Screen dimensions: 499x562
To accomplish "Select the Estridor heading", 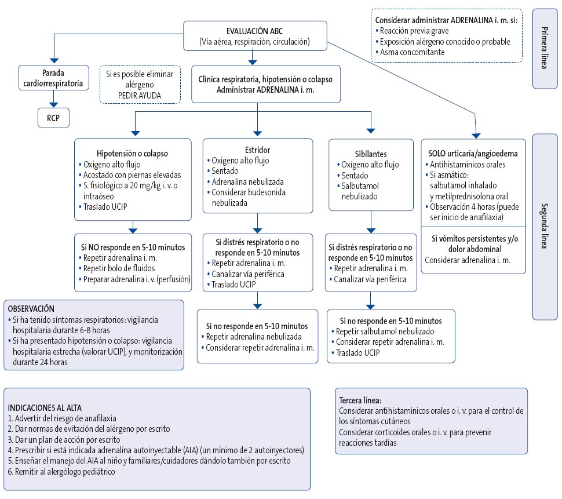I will (x=258, y=150).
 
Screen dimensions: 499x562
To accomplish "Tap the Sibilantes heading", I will (x=370, y=154).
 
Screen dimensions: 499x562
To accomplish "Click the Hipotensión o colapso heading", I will (x=133, y=154).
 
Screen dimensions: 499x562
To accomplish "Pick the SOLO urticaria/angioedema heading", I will (x=473, y=154).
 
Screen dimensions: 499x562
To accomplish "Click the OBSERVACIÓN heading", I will (x=32, y=309).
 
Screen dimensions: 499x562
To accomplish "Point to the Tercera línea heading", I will (x=360, y=400).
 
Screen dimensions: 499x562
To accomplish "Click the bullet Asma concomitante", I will (x=412, y=52).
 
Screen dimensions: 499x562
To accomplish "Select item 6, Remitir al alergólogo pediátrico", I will (x=61, y=472).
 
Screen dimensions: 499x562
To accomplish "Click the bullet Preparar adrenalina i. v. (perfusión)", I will (x=137, y=279).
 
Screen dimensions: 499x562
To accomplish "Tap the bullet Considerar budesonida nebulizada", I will (x=249, y=197).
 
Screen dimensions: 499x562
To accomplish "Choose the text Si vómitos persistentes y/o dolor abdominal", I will (x=473, y=243).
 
